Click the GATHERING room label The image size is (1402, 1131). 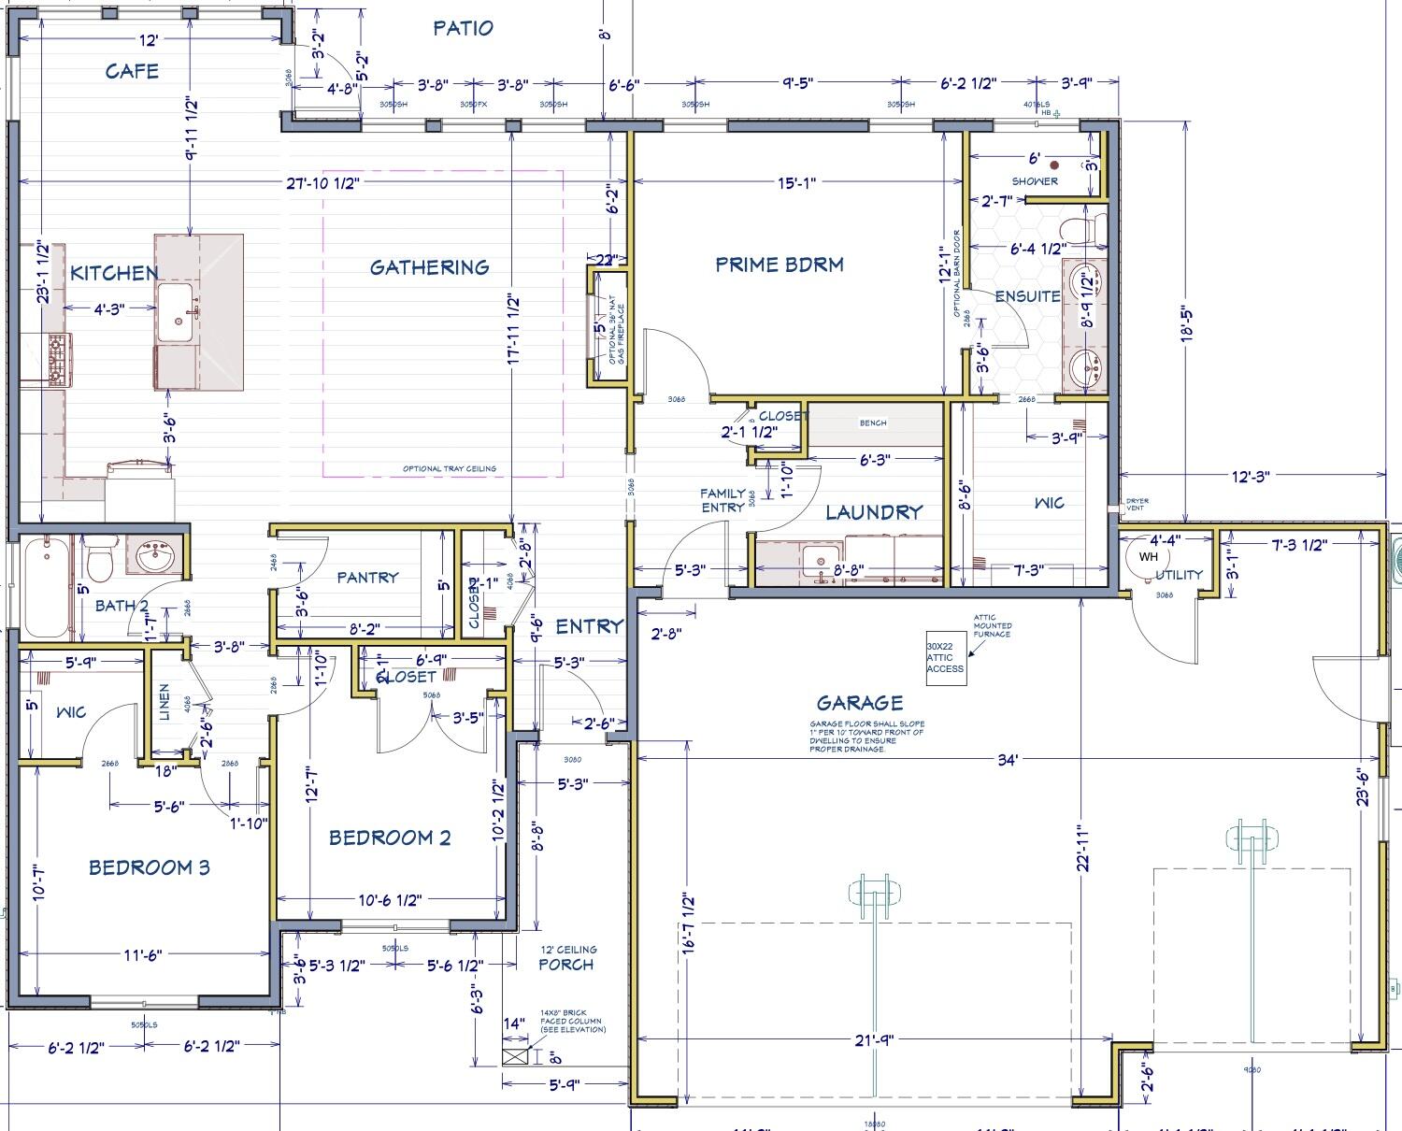429,268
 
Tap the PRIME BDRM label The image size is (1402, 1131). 780,265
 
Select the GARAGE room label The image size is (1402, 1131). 860,703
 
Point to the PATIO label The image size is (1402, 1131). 463,28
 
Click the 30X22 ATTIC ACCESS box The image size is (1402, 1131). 945,657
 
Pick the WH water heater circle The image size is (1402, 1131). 1148,557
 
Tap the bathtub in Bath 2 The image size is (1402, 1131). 44,585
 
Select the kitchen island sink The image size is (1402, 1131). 177,316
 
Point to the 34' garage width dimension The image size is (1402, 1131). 1006,761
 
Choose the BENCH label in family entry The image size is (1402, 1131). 873,423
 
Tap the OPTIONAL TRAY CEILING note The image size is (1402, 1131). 450,469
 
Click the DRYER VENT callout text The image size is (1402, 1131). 1137,505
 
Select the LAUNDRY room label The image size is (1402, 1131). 874,512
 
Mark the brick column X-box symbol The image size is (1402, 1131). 515,1057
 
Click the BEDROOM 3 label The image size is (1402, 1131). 149,868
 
